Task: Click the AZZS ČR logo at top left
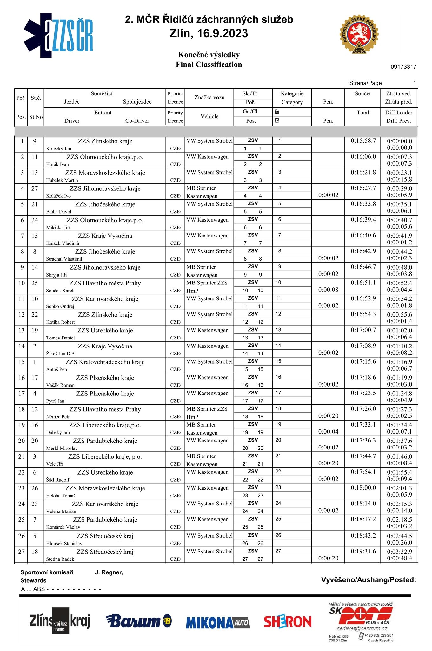[59, 36]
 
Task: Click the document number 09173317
[403, 67]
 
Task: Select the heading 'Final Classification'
[209, 65]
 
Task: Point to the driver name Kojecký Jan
[59, 149]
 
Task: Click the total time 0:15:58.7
[363, 141]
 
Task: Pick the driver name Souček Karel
[60, 291]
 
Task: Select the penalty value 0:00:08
[328, 290]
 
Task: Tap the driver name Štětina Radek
[60, 559]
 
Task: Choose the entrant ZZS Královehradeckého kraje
[105, 362]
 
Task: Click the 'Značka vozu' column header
[209, 98]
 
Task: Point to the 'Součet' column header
[363, 93]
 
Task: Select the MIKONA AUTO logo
[218, 622]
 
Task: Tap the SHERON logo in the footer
[288, 622]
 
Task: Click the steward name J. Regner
[109, 572]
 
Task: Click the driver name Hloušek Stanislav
[64, 544]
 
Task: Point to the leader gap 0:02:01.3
[399, 488]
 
